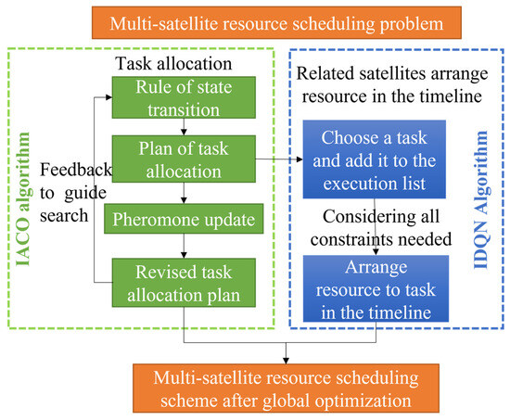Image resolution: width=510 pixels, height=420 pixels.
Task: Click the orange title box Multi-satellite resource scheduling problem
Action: pyautogui.click(x=255, y=20)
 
